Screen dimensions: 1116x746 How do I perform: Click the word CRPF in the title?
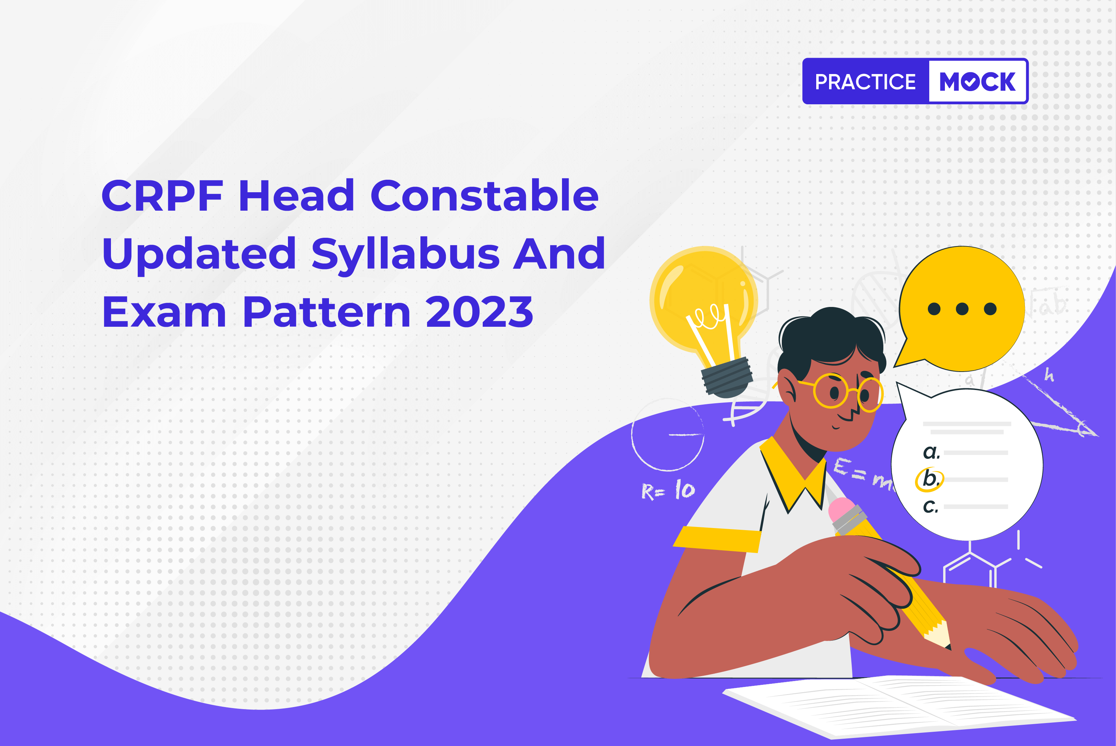coord(162,196)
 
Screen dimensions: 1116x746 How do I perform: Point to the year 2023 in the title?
coord(479,312)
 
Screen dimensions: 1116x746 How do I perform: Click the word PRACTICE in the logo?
coord(865,82)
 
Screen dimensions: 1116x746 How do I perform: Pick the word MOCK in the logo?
coord(978,81)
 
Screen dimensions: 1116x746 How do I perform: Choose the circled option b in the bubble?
coord(930,479)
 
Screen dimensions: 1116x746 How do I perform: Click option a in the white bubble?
coord(931,452)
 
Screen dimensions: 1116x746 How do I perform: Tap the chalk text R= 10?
coord(668,490)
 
